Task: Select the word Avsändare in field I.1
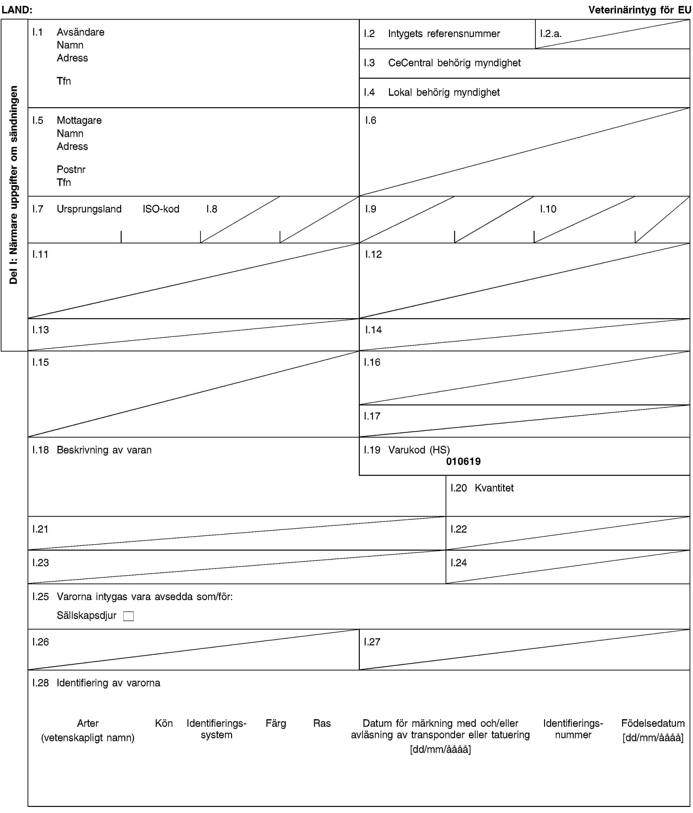pyautogui.click(x=80, y=32)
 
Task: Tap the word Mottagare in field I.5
pyautogui.click(x=79, y=120)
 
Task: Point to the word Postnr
pyautogui.click(x=71, y=170)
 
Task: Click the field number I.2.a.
pyautogui.click(x=550, y=34)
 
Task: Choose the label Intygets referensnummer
pyautogui.click(x=444, y=34)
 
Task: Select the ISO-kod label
pyautogui.click(x=161, y=209)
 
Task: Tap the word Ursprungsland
pyautogui.click(x=89, y=209)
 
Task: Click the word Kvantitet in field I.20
pyautogui.click(x=494, y=488)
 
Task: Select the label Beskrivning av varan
pyautogui.click(x=104, y=450)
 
